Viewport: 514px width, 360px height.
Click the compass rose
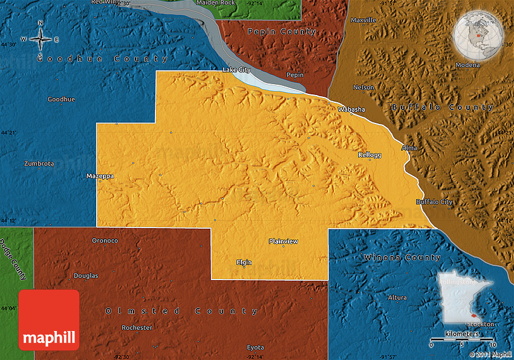tap(41, 39)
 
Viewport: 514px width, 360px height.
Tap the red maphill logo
tap(49, 319)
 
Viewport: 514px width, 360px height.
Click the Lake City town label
tap(236, 70)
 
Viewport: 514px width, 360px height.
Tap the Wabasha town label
tap(351, 110)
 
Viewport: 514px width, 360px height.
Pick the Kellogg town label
tap(369, 155)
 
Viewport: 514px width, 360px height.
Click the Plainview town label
tap(283, 241)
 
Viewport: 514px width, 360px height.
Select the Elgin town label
tap(244, 262)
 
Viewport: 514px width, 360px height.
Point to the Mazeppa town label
tap(100, 176)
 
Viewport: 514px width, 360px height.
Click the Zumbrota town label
tap(39, 163)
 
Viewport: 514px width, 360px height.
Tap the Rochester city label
tap(137, 327)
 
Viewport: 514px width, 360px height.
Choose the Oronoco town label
tap(105, 240)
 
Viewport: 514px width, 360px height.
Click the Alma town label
tap(409, 148)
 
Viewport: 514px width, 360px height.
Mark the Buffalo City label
tap(434, 201)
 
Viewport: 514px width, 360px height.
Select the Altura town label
tap(397, 298)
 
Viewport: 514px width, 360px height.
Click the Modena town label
tap(468, 65)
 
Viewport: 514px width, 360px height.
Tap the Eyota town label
tap(255, 347)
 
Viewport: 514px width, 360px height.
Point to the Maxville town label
tap(363, 20)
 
